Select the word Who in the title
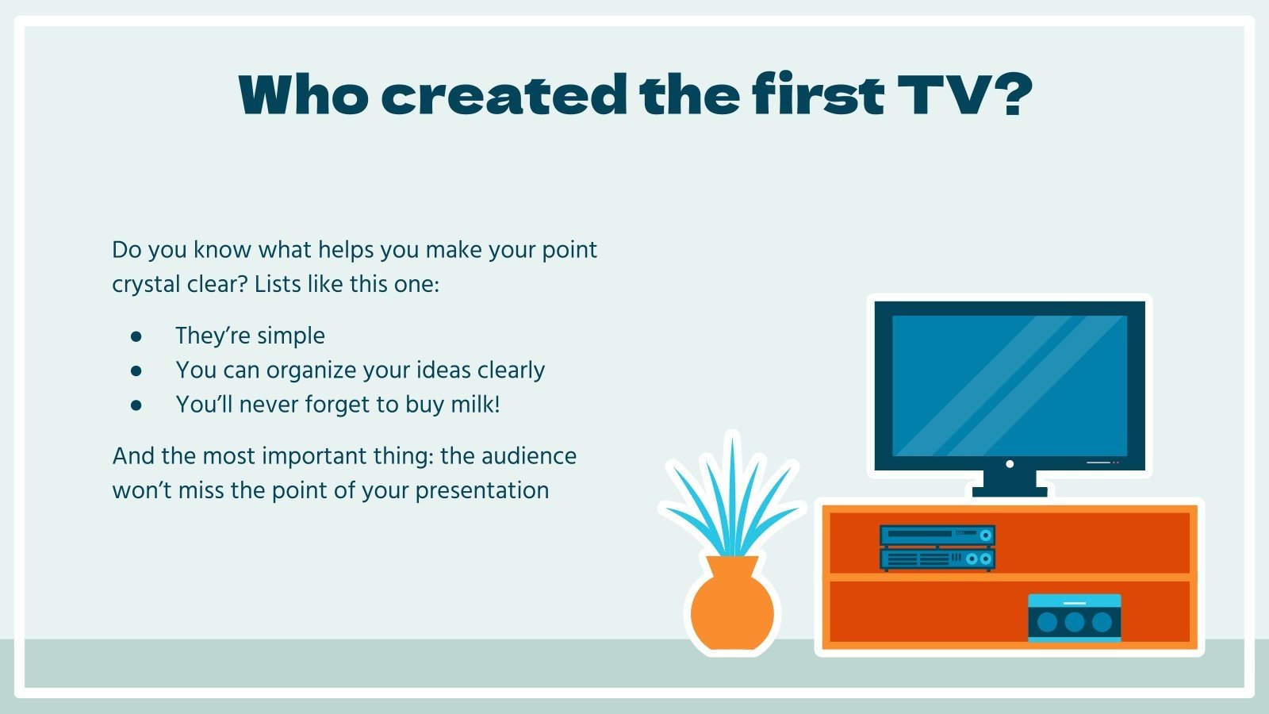303,95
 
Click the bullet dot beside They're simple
136,336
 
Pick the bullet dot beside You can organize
136,370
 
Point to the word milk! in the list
475,405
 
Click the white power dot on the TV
1010,464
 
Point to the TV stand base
1010,491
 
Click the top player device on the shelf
937,535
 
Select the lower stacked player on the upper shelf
937,559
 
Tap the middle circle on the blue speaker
1074,622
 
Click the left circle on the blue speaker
1047,622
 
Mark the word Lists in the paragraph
277,284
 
